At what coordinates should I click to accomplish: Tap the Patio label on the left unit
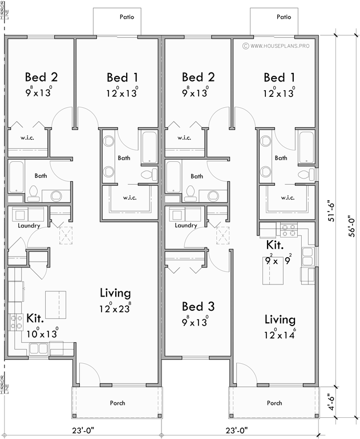coord(127,17)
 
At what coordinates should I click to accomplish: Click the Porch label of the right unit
coord(274,403)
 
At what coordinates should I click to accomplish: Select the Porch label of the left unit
coord(118,403)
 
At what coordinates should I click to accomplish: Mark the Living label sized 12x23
coord(115,293)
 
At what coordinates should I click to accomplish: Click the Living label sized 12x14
coord(280,319)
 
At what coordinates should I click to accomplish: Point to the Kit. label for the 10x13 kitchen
coord(37,318)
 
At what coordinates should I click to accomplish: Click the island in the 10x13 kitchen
coord(55,304)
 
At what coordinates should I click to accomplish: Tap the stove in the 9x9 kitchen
coord(286,230)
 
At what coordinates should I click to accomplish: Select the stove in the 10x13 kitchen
coord(15,322)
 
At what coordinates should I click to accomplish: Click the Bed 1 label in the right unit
coord(280,77)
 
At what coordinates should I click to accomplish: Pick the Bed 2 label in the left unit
coord(41,77)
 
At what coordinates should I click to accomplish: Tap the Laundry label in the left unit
coord(29,226)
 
